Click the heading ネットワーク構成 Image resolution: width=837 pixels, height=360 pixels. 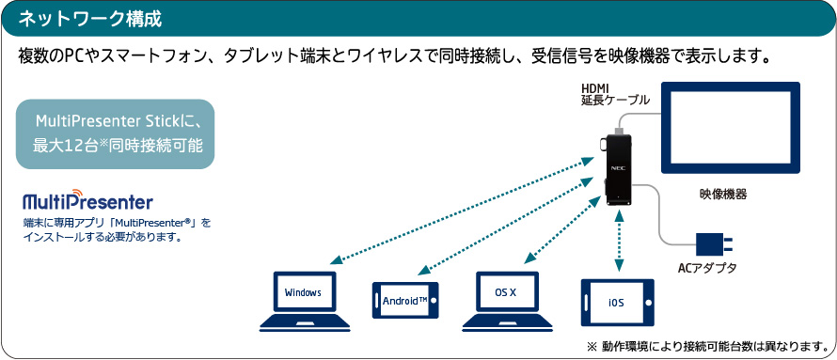(x=89, y=19)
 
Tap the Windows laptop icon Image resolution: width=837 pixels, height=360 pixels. (x=305, y=301)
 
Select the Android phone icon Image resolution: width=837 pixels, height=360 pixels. (x=405, y=300)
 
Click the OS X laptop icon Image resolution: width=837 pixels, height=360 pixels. (x=506, y=301)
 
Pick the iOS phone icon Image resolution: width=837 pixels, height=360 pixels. (x=618, y=303)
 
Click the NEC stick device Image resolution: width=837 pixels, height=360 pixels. (x=618, y=169)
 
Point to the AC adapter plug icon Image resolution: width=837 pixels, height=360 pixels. (x=715, y=244)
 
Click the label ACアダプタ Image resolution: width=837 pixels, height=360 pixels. (x=706, y=268)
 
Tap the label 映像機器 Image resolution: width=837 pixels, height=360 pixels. (x=723, y=195)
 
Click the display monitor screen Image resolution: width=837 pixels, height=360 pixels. (x=730, y=128)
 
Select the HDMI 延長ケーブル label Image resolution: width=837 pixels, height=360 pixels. (x=615, y=93)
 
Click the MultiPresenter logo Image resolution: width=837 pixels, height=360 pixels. (x=87, y=200)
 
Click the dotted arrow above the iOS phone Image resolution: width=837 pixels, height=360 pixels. (x=619, y=241)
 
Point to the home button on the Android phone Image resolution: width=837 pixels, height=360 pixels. (x=432, y=300)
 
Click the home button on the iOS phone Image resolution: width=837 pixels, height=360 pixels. (x=647, y=303)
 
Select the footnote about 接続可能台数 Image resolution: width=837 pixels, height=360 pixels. (x=707, y=346)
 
